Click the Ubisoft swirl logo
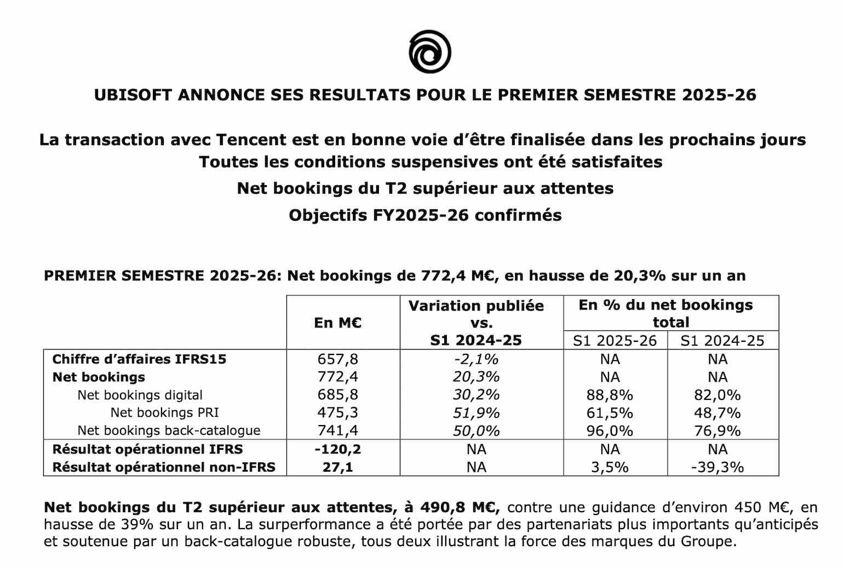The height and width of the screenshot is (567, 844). pyautogui.click(x=430, y=52)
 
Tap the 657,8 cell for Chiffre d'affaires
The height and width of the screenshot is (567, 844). pyautogui.click(x=338, y=359)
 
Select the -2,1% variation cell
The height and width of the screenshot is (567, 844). pyautogui.click(x=476, y=359)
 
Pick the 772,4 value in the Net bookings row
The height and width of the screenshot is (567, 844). pyautogui.click(x=338, y=377)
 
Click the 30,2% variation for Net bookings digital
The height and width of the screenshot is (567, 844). pyautogui.click(x=476, y=395)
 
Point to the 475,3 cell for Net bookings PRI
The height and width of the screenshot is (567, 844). pyautogui.click(x=338, y=413)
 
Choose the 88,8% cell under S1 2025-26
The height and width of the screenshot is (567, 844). pyautogui.click(x=610, y=395)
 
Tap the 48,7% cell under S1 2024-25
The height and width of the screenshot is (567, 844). pyautogui.click(x=717, y=413)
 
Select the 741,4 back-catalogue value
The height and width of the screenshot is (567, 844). pyautogui.click(x=338, y=431)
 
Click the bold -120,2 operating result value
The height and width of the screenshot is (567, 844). pyautogui.click(x=338, y=449)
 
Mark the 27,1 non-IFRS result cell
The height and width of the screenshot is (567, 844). pyautogui.click(x=338, y=467)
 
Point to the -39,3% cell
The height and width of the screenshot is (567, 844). pyautogui.click(x=717, y=467)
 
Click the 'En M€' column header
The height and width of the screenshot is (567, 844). pyautogui.click(x=338, y=323)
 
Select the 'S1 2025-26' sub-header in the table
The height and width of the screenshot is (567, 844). pyautogui.click(x=615, y=341)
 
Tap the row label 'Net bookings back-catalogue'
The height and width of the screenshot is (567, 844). pyautogui.click(x=169, y=431)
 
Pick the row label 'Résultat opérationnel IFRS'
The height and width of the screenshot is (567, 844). pyautogui.click(x=147, y=449)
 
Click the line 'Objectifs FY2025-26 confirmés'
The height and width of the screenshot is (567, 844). pyautogui.click(x=425, y=215)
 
